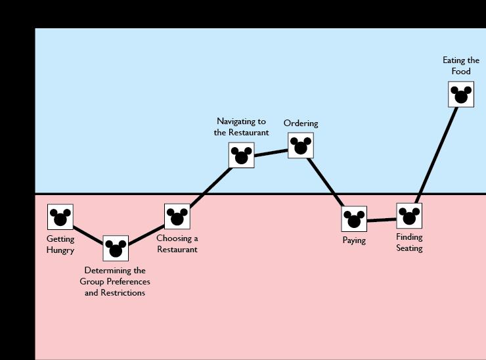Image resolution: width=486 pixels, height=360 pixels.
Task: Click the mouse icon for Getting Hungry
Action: click(60, 217)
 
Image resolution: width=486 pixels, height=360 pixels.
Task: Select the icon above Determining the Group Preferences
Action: click(116, 248)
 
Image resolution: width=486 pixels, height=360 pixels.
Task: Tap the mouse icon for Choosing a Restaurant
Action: click(177, 217)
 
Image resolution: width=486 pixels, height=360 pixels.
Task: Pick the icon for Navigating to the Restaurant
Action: click(242, 155)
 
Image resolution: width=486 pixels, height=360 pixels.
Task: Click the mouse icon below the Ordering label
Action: click(301, 145)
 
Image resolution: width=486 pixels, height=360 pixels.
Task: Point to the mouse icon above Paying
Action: click(354, 219)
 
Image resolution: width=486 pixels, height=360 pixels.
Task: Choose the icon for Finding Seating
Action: click(409, 215)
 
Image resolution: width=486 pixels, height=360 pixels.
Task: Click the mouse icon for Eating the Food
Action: click(461, 95)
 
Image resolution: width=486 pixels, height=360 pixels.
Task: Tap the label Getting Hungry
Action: click(60, 244)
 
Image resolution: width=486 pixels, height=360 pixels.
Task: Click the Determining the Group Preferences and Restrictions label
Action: click(115, 281)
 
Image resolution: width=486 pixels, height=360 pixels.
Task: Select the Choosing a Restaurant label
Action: click(177, 244)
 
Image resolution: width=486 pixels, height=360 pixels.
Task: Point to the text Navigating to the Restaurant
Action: click(242, 127)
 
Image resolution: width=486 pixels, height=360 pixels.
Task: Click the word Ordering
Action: click(301, 124)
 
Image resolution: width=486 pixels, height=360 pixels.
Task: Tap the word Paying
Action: click(354, 240)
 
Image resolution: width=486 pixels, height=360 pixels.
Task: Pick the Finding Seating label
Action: click(409, 242)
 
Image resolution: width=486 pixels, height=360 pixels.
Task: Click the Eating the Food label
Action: click(461, 66)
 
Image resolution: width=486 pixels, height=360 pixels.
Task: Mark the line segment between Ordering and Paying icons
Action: click(327, 182)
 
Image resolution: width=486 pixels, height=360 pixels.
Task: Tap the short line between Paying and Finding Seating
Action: click(382, 220)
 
